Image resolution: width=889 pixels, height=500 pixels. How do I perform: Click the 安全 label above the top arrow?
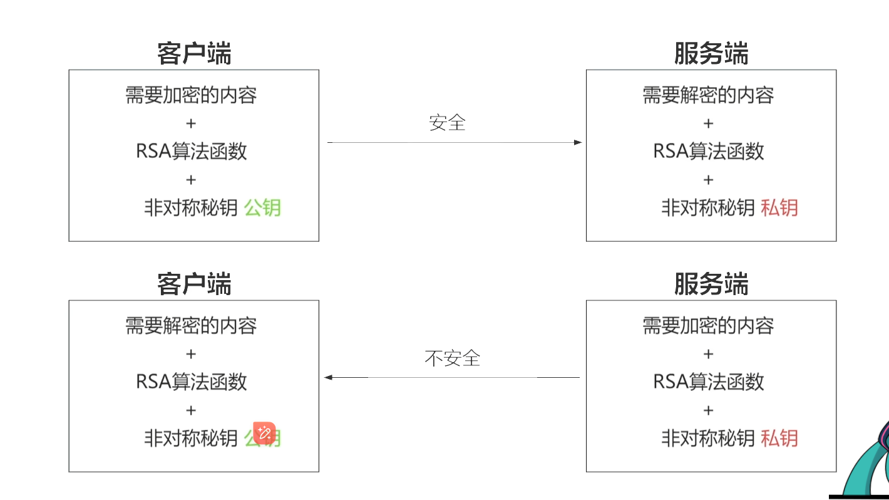pyautogui.click(x=447, y=122)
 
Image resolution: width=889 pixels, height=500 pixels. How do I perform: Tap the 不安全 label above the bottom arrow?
pyautogui.click(x=452, y=358)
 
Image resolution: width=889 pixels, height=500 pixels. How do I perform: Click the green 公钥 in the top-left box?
pyautogui.click(x=262, y=207)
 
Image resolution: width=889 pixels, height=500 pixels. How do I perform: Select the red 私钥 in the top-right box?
pyautogui.click(x=779, y=207)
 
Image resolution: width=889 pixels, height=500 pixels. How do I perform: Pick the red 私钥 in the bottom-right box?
pyautogui.click(x=779, y=438)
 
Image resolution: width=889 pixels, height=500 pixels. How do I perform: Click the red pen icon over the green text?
pyautogui.click(x=264, y=433)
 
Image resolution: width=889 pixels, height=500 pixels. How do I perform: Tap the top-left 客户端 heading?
pyautogui.click(x=194, y=54)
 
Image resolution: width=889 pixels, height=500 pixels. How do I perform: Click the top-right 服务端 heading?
pyautogui.click(x=711, y=54)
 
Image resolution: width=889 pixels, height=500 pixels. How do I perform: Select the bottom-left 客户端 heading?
pyautogui.click(x=194, y=284)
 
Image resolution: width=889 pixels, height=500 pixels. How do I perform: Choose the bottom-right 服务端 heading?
pyautogui.click(x=711, y=284)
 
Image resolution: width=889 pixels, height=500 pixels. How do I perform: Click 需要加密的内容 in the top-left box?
pyautogui.click(x=191, y=95)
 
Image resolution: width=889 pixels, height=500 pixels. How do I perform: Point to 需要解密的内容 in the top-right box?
pyautogui.click(x=708, y=95)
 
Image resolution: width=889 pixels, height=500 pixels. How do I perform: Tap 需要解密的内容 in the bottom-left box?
pyautogui.click(x=191, y=326)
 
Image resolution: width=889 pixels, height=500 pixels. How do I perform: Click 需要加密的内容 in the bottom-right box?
pyautogui.click(x=708, y=326)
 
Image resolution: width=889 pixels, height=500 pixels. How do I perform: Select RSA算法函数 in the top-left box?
pyautogui.click(x=192, y=151)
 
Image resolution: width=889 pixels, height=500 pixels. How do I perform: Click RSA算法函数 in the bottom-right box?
pyautogui.click(x=709, y=382)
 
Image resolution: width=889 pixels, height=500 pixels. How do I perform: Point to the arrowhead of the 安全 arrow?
pyautogui.click(x=578, y=142)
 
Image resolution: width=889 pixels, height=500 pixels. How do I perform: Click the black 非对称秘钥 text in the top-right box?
pyautogui.click(x=708, y=207)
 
